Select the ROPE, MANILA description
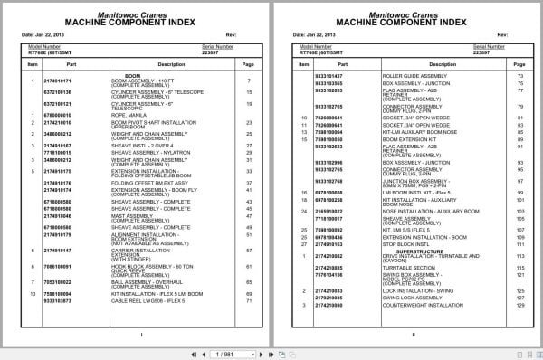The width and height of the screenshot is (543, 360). (x=124, y=114)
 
